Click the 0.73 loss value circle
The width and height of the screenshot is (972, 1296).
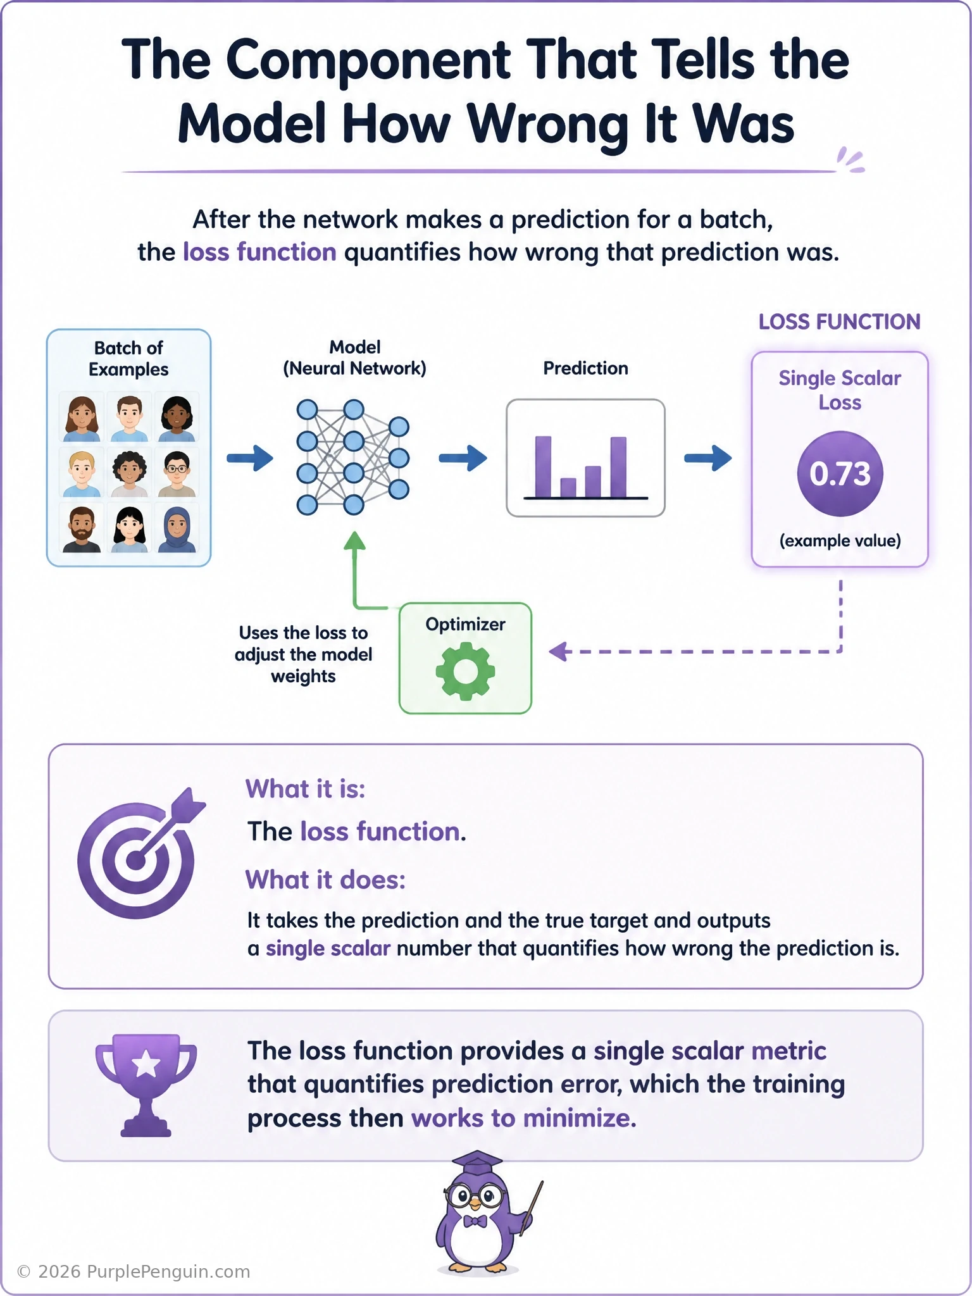pyautogui.click(x=840, y=473)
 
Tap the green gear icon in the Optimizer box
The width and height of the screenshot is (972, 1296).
pyautogui.click(x=465, y=671)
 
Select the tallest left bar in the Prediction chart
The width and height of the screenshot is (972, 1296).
pyautogui.click(x=543, y=466)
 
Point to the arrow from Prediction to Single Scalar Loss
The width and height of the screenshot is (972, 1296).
pyautogui.click(x=708, y=458)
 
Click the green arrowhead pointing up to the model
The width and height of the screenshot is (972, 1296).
pyautogui.click(x=354, y=540)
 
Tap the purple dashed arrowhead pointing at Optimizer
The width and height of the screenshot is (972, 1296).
pyautogui.click(x=558, y=651)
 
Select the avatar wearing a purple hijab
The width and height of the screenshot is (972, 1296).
pyautogui.click(x=177, y=529)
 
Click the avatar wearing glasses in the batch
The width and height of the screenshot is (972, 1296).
pyautogui.click(x=177, y=473)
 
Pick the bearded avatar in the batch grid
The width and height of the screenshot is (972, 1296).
pyautogui.click(x=82, y=529)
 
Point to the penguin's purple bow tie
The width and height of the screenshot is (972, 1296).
pyautogui.click(x=475, y=1221)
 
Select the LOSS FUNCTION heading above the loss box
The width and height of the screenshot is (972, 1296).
pyautogui.click(x=839, y=322)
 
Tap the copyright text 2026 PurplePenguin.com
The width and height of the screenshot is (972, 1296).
pyautogui.click(x=134, y=1272)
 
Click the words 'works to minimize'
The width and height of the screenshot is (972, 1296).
pyautogui.click(x=523, y=1118)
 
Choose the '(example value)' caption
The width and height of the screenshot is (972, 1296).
pyautogui.click(x=840, y=541)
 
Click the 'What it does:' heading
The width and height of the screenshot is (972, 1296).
pyautogui.click(x=325, y=880)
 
